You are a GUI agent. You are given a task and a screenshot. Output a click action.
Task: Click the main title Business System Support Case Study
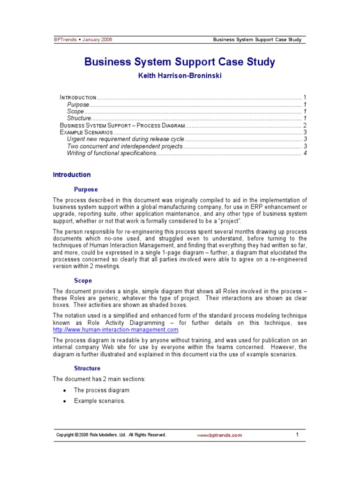180,62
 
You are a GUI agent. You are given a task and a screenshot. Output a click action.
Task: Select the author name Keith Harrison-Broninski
180,75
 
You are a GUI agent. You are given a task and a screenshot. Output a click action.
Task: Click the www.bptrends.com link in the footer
219,435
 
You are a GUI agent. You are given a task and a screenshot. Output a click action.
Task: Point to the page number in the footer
297,435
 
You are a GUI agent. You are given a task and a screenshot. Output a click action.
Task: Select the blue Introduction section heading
72,175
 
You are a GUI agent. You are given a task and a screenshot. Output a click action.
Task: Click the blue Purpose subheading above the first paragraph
86,189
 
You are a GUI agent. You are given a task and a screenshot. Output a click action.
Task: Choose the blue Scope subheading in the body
83,281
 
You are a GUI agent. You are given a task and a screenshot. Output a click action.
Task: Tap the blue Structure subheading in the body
87,368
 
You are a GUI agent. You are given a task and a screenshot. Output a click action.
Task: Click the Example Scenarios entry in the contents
86,133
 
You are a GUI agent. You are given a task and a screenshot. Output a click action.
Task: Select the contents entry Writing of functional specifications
111,153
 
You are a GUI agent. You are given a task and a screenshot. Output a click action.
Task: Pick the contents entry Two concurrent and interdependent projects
124,146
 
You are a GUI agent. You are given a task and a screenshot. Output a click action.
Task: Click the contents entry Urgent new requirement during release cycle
126,139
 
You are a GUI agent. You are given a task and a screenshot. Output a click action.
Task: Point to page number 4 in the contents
305,153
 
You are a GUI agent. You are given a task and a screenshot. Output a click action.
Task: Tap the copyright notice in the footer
111,435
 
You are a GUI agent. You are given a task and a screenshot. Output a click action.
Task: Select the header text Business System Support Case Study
257,39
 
